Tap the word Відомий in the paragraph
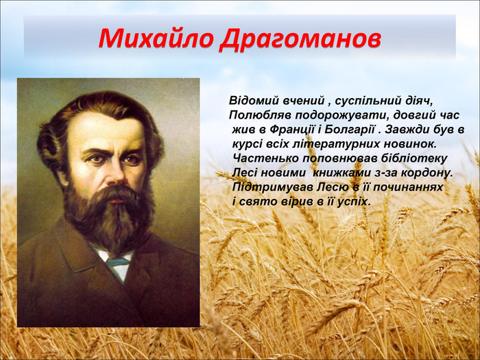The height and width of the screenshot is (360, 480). pyautogui.click(x=254, y=101)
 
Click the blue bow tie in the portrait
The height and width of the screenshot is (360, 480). pyautogui.click(x=117, y=261)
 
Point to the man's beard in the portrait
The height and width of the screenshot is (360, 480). pyautogui.click(x=110, y=213)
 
